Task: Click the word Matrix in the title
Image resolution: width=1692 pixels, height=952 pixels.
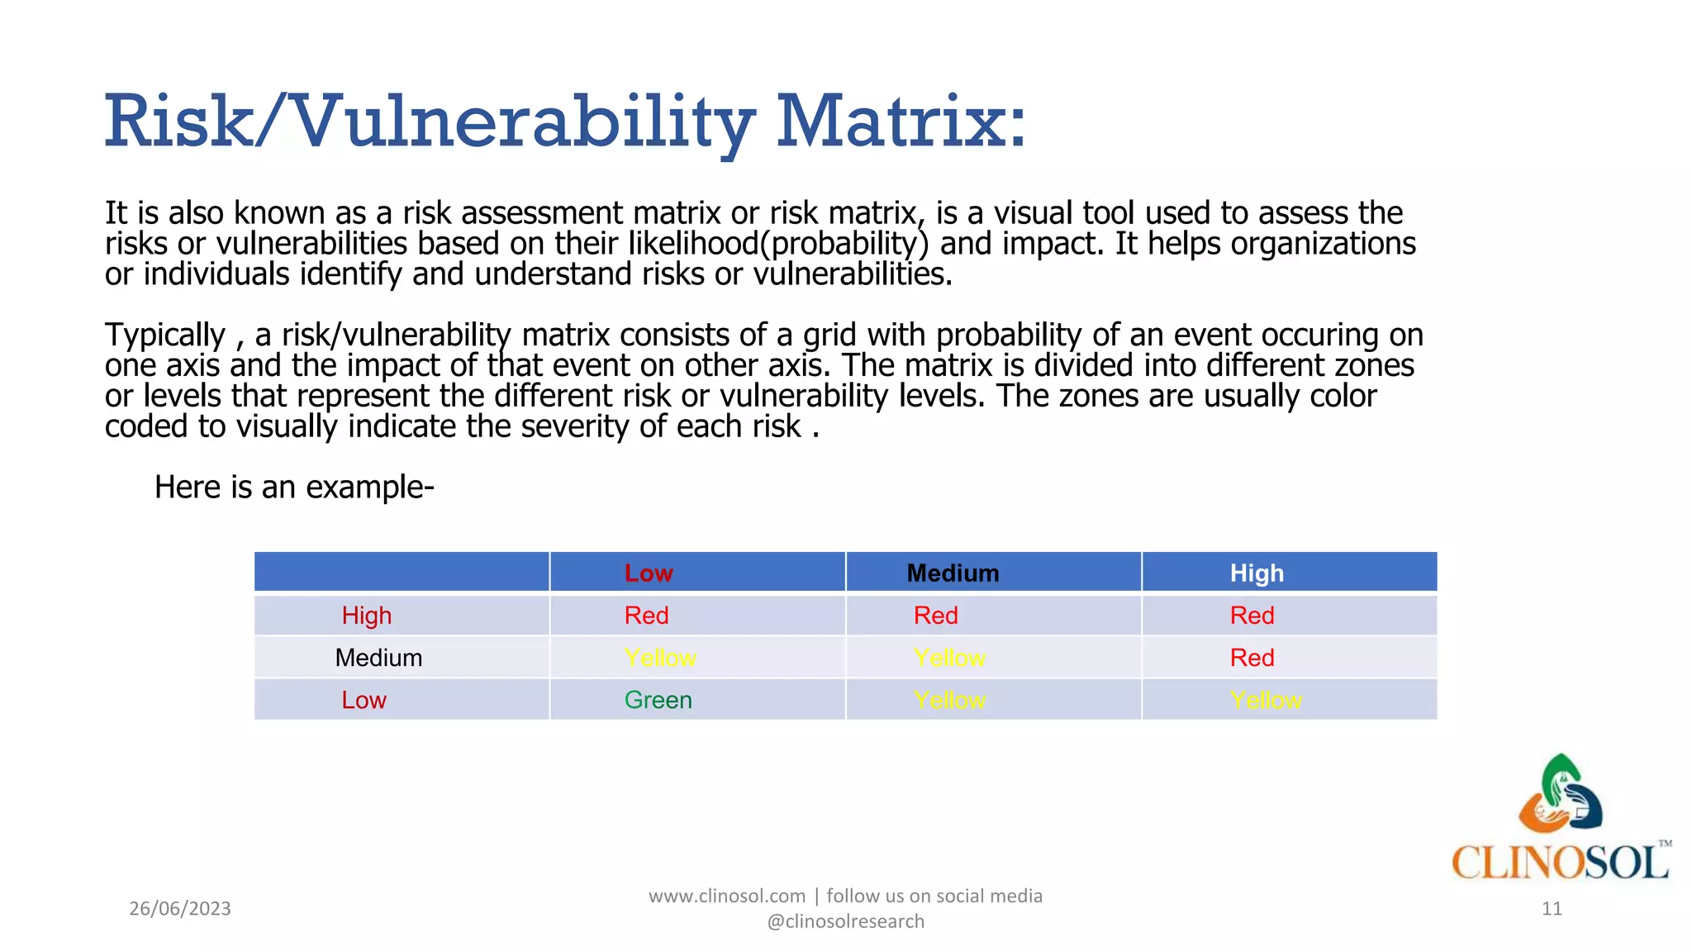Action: (x=901, y=122)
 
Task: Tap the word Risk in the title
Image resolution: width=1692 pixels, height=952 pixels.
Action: (x=178, y=122)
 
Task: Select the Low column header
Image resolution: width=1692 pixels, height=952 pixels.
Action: (x=649, y=573)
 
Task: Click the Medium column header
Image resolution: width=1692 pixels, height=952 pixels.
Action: (x=953, y=573)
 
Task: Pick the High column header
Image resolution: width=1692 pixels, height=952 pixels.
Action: (x=1257, y=573)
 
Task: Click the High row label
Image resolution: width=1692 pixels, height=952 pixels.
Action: (x=367, y=616)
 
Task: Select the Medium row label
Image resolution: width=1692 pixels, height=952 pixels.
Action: (x=378, y=658)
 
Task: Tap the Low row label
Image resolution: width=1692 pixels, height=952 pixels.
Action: (x=364, y=700)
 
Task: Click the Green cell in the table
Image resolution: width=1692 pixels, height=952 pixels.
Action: (x=658, y=700)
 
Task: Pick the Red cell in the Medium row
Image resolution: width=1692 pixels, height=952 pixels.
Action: (x=1252, y=658)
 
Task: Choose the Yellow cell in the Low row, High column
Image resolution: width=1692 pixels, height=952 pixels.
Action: (x=1266, y=700)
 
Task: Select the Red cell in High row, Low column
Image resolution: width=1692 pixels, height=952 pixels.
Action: (x=646, y=616)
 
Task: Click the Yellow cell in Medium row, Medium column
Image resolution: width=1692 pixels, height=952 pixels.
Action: (x=949, y=658)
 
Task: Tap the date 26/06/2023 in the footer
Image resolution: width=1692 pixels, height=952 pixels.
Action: (x=180, y=908)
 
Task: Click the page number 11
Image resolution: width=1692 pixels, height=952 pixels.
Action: (x=1552, y=908)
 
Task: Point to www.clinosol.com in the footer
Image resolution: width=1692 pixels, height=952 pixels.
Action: (x=726, y=896)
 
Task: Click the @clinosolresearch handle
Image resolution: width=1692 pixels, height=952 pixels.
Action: (x=845, y=921)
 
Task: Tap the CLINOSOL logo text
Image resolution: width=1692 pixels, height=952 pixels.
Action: (x=1560, y=862)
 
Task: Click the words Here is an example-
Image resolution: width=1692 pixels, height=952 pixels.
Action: (x=294, y=487)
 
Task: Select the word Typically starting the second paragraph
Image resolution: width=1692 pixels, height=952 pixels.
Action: (x=164, y=336)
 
